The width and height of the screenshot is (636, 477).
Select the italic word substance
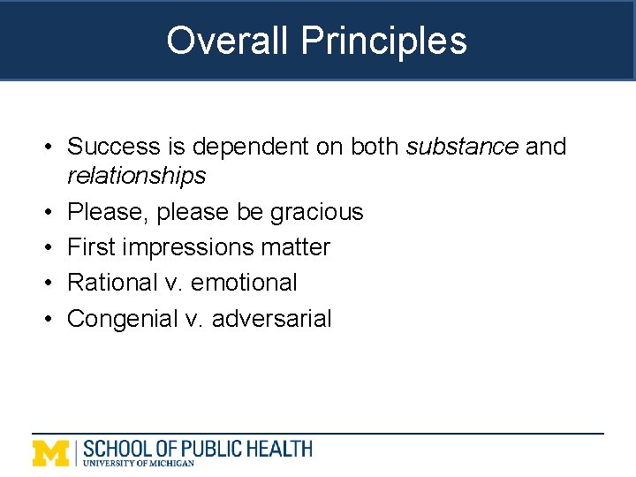462,146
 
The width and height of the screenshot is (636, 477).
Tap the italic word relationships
136,176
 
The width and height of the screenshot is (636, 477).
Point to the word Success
113,146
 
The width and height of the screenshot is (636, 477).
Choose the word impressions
188,247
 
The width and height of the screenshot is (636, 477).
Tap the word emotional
245,283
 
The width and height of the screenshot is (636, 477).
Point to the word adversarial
273,318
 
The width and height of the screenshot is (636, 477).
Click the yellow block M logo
51,451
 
